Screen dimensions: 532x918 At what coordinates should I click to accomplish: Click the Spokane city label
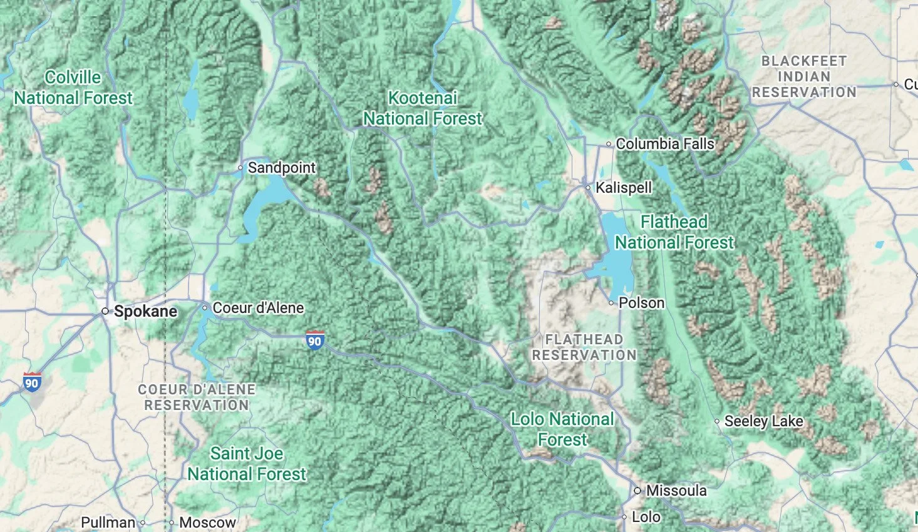145,312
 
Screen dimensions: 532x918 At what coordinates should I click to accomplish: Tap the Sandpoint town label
281,168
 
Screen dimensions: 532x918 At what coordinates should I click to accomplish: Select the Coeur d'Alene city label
258,308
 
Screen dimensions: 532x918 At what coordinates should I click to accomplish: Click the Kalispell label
623,188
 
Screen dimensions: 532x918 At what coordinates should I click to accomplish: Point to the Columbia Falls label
664,144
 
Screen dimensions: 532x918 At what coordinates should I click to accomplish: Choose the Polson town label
641,303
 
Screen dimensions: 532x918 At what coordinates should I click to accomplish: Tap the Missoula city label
676,491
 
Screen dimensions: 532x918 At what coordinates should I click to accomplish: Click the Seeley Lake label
763,421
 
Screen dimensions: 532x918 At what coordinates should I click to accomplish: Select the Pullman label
108,523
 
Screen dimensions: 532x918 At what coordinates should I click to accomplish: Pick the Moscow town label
207,523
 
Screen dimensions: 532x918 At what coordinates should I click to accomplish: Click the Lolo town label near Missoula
646,517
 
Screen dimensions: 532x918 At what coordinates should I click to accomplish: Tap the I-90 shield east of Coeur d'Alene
315,340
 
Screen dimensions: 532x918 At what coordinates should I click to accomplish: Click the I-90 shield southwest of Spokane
31,382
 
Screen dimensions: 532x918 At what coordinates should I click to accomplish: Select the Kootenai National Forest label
423,108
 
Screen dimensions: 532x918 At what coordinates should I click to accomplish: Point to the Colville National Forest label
73,88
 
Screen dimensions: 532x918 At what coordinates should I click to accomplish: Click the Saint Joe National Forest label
247,464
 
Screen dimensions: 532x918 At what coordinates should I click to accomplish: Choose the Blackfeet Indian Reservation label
804,77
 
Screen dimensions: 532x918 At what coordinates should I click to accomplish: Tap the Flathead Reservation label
584,347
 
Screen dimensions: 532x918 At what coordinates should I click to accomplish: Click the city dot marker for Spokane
105,311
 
